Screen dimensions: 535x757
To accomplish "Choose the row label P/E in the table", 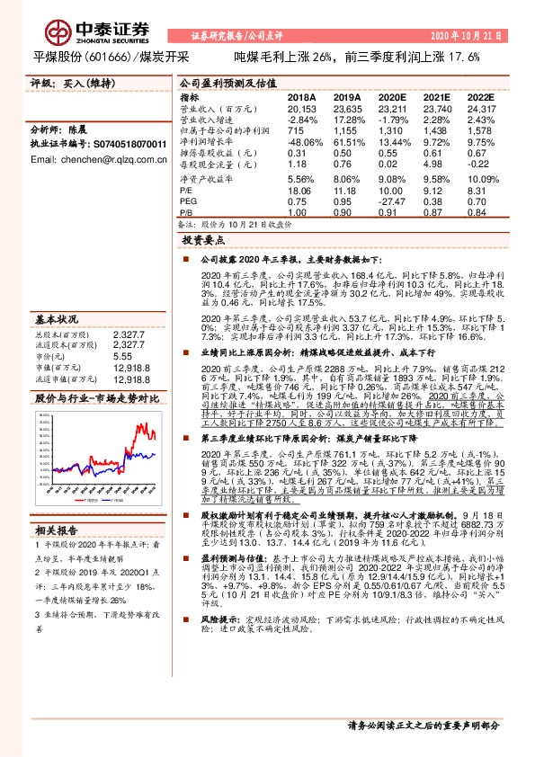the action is [x=187, y=191].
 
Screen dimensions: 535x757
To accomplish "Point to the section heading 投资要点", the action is [x=202, y=241].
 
